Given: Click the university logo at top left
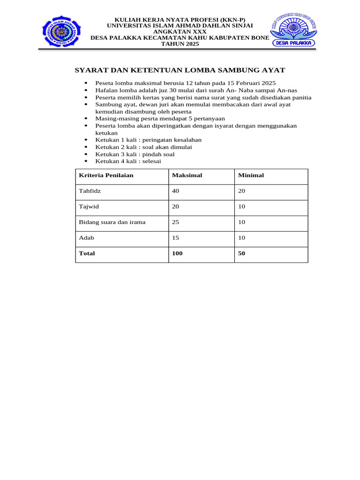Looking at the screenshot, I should [x=61, y=31].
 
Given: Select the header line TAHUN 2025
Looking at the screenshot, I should [x=180, y=44].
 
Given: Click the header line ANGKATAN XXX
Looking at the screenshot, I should [x=180, y=31].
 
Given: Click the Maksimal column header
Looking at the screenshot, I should [x=187, y=175].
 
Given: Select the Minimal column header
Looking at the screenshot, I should [x=251, y=175].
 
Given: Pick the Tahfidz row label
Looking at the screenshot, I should [x=90, y=191].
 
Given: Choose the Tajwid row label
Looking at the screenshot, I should [x=89, y=207].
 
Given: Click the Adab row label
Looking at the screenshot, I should [x=87, y=238].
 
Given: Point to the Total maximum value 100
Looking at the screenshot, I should [x=178, y=253].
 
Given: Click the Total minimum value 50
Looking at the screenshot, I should [x=242, y=253].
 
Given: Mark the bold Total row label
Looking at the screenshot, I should [x=87, y=253].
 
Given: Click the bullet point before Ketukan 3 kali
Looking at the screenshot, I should [x=87, y=154].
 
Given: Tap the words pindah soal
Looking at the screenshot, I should [x=158, y=154].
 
